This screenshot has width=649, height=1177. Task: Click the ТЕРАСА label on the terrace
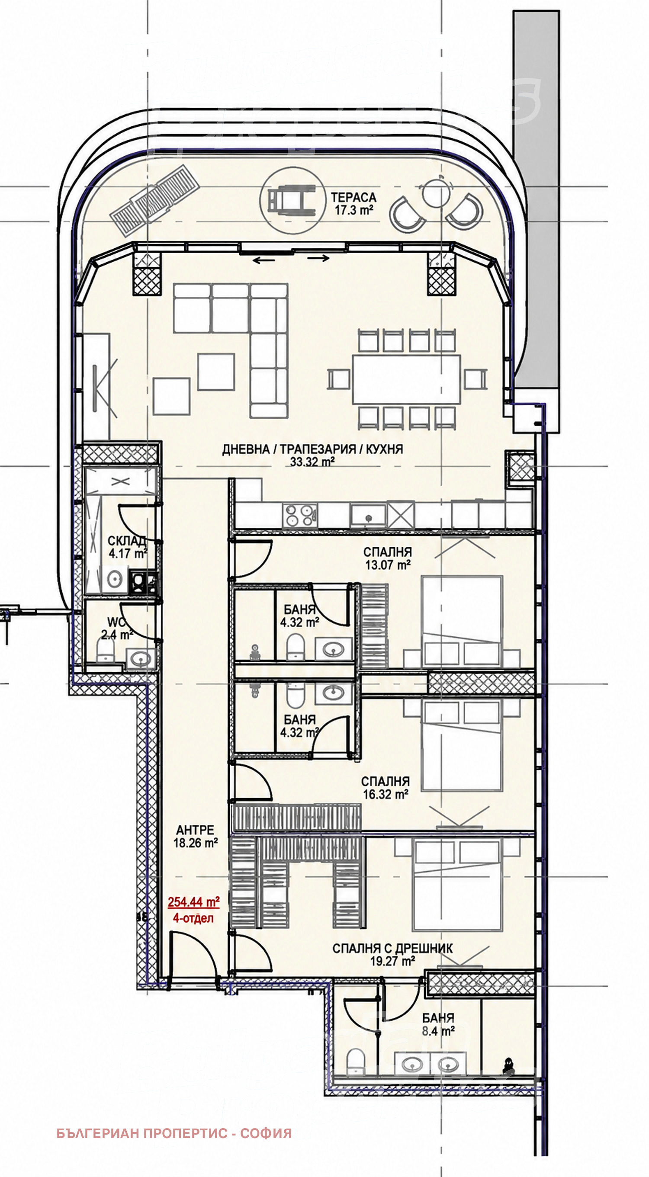353,197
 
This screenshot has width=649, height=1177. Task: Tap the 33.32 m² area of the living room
312,462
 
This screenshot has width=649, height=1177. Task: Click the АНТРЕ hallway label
195,829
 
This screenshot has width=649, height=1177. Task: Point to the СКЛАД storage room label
127,541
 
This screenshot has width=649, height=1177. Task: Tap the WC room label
116,622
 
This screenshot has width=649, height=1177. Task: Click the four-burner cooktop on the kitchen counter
300,515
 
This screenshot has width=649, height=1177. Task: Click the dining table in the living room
406,379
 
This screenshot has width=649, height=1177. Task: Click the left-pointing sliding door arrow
264,260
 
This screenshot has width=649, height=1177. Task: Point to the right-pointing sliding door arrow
318,259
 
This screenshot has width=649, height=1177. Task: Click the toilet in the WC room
106,650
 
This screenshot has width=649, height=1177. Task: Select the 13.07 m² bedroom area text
388,565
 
